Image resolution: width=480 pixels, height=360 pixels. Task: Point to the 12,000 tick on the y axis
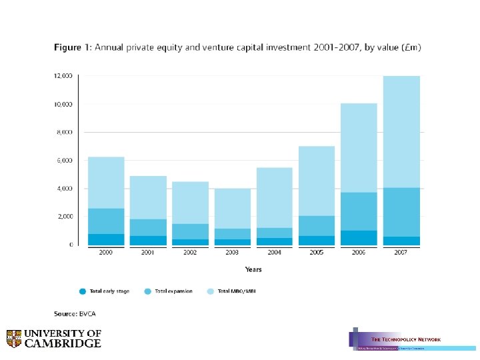tap(63, 76)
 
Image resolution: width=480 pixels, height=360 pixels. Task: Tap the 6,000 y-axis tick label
tap(65, 161)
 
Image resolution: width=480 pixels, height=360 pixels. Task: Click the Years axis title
tap(253, 270)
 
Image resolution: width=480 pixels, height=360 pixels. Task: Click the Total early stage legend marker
tap(83, 291)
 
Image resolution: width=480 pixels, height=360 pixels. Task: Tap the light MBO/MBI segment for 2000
tap(107, 183)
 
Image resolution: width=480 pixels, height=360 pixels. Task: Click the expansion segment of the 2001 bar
tap(148, 227)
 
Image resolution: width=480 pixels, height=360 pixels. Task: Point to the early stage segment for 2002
tap(190, 242)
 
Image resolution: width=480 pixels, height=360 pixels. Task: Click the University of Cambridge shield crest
tap(14, 339)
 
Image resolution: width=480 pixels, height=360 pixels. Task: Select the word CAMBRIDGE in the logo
tap(63, 344)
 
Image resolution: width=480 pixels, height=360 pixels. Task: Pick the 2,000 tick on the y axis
tap(65, 217)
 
